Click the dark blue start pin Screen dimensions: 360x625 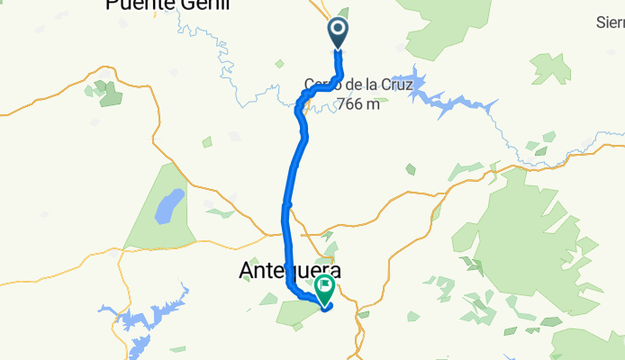click(x=339, y=32)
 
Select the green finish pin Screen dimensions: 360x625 click(x=323, y=290)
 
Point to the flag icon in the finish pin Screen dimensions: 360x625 click(x=323, y=288)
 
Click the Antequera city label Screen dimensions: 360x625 click(x=291, y=269)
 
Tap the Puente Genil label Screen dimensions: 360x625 click(x=168, y=4)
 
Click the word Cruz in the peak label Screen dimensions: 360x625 click(x=394, y=85)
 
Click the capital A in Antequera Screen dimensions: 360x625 click(x=248, y=269)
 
